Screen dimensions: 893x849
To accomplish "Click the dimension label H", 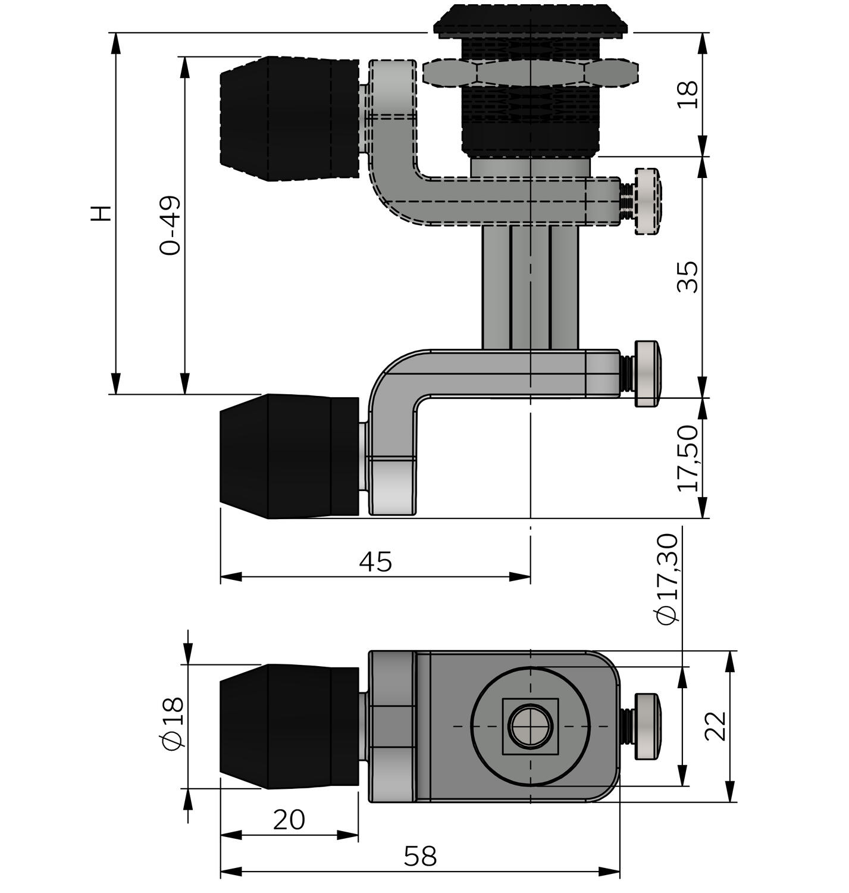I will click(x=102, y=213).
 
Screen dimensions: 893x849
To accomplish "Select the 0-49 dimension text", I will click(x=171, y=225).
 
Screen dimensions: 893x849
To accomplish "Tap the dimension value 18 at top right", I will click(x=687, y=95).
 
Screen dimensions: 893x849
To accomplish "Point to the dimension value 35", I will click(x=687, y=277).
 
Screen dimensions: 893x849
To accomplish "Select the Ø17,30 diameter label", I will click(x=668, y=579).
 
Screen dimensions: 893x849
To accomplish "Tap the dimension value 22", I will click(x=716, y=726).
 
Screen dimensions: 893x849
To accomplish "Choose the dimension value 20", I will click(x=289, y=820).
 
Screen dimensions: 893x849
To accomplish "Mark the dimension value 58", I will click(x=420, y=857).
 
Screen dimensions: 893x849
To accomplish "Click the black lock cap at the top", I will click(x=531, y=21).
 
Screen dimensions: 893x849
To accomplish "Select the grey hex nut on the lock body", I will click(x=531, y=73).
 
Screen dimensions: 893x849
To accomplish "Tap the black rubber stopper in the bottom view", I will click(x=289, y=726).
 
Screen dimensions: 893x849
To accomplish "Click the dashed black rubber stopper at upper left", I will click(x=289, y=118).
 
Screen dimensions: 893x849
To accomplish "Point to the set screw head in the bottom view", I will click(x=648, y=726).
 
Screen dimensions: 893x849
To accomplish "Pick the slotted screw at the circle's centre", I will click(x=530, y=726).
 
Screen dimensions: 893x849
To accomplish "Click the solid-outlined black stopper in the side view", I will click(x=289, y=456).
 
